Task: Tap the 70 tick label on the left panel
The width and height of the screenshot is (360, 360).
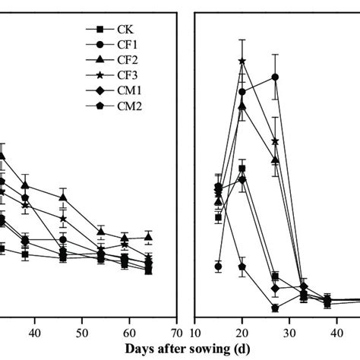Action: click(177, 333)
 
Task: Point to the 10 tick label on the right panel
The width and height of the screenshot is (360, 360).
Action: click(195, 333)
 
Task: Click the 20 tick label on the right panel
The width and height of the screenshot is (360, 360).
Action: click(242, 333)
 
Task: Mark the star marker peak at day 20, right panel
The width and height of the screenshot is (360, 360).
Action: click(242, 62)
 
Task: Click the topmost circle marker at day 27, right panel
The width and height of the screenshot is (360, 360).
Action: click(275, 77)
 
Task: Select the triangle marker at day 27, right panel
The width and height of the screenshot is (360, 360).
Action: click(275, 159)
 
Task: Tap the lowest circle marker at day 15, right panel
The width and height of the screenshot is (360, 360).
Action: click(219, 266)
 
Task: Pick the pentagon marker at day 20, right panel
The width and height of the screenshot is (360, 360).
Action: click(242, 267)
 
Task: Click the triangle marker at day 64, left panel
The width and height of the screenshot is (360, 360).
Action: click(149, 238)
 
